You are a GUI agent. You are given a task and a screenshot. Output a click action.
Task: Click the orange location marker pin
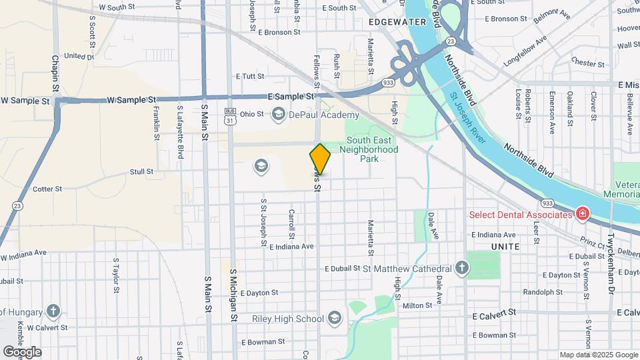pos(320,159)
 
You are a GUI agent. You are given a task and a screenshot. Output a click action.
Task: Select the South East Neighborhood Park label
pos(372,149)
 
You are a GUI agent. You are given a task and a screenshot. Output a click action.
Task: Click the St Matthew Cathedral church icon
pos(462,269)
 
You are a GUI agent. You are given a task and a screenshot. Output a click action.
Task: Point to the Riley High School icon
pos(334,319)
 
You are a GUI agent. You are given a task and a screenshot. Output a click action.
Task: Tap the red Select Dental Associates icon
pos(582,214)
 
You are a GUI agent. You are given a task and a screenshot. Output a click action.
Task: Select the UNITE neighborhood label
pos(505,247)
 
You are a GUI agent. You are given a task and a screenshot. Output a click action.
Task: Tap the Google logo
pos(22,351)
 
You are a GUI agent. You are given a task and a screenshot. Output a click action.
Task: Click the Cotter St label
pos(47,189)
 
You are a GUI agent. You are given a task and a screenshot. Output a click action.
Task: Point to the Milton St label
pos(418,306)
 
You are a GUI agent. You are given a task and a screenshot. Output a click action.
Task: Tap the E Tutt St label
pos(250,77)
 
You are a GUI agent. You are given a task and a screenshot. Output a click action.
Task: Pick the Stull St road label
pos(141,171)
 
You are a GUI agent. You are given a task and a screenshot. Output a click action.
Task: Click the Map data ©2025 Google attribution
pos(597,355)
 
